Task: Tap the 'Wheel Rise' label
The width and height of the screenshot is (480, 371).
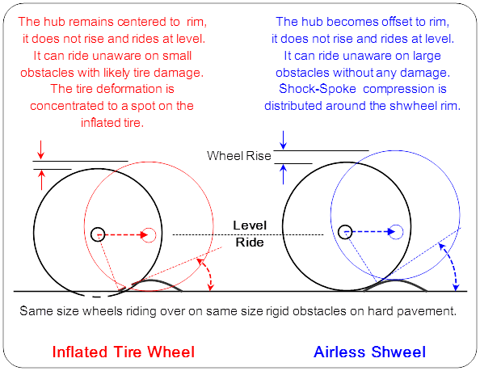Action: click(x=239, y=156)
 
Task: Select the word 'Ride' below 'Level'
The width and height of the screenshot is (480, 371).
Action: click(x=250, y=242)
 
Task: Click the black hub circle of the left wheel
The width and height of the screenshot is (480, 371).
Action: click(x=98, y=234)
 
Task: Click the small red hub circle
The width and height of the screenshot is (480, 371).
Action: click(x=149, y=234)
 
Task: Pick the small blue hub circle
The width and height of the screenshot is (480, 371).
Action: click(x=396, y=232)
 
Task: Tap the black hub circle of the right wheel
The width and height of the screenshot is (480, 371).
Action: click(x=345, y=232)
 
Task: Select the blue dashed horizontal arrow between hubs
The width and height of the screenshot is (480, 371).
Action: click(x=370, y=232)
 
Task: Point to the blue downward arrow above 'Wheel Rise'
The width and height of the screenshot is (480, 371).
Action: click(x=283, y=140)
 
